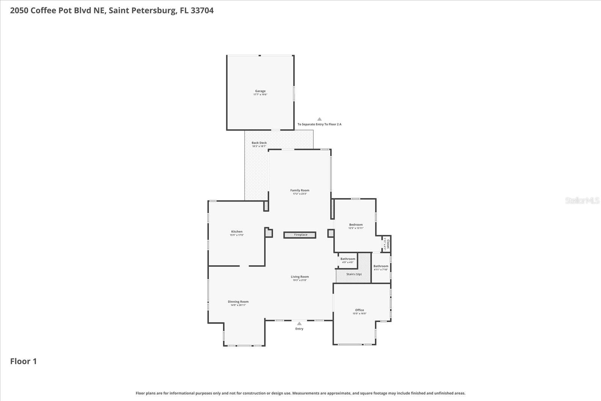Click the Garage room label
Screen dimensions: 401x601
click(x=260, y=91)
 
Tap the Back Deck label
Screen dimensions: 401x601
click(x=259, y=143)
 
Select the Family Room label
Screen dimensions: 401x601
click(x=300, y=190)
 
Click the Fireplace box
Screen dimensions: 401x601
click(x=300, y=235)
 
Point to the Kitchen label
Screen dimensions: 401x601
click(x=237, y=232)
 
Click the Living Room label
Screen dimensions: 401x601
click(x=300, y=277)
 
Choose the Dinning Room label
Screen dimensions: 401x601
click(x=238, y=301)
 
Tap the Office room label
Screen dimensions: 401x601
click(x=359, y=310)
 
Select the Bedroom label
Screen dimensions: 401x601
click(x=356, y=225)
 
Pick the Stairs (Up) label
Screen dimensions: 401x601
click(x=354, y=274)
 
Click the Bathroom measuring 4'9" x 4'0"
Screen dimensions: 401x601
click(x=348, y=259)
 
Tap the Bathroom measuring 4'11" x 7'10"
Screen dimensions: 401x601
click(x=381, y=266)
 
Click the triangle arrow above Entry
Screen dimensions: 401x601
click(x=299, y=323)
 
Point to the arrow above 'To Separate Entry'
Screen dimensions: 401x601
click(x=319, y=119)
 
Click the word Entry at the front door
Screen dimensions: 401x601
click(x=299, y=329)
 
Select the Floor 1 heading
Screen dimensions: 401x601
click(x=23, y=361)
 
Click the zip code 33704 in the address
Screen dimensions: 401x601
click(x=202, y=11)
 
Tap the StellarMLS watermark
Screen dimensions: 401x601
click(x=582, y=200)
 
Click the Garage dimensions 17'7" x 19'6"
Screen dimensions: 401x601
click(x=260, y=95)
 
